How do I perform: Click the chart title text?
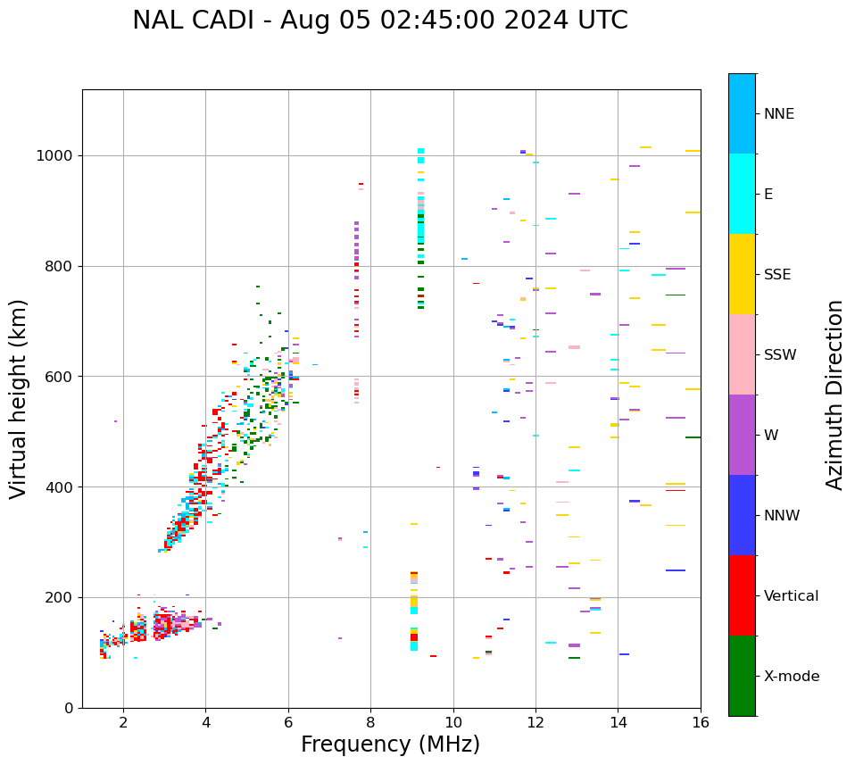tap(380, 21)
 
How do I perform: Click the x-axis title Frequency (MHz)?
tap(390, 744)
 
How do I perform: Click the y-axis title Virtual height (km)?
tap(19, 398)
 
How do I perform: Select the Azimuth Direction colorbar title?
tap(834, 395)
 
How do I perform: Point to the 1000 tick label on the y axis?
tap(56, 155)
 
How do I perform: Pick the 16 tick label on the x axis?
tap(701, 722)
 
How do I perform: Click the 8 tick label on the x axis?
tap(370, 722)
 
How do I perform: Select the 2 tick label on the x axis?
tap(123, 722)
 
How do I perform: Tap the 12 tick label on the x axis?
tap(535, 722)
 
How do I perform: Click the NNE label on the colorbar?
tap(779, 114)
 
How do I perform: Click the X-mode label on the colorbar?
tap(792, 677)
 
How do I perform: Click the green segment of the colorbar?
tap(742, 676)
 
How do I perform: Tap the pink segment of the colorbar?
tap(742, 354)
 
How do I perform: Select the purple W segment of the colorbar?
tap(742, 435)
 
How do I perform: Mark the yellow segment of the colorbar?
tap(742, 274)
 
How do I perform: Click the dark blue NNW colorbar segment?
tap(742, 515)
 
